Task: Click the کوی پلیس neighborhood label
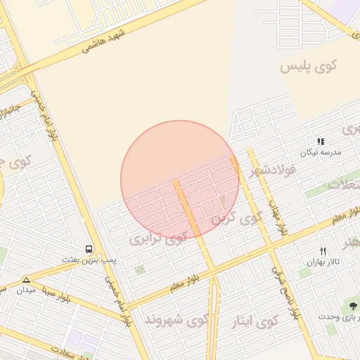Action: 309,66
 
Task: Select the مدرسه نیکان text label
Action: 321,153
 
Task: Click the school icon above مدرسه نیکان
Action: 321,141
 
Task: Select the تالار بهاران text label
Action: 323,262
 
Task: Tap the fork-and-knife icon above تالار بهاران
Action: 323,251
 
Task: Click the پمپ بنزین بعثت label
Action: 89,259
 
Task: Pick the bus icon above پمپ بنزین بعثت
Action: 89,249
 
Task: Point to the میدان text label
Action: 26,290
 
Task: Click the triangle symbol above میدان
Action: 27,280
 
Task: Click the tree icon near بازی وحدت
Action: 352,306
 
